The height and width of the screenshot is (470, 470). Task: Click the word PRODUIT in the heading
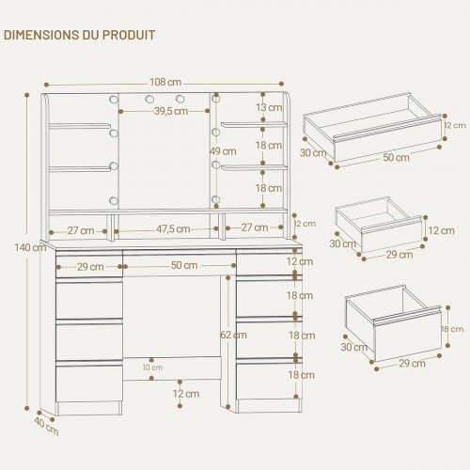129,35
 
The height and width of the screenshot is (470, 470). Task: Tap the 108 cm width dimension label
165,82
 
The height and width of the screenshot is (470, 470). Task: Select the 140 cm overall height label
30,247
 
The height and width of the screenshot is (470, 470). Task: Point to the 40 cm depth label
46,427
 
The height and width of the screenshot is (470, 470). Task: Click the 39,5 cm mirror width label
171,111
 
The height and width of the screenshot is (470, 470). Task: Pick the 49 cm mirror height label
223,151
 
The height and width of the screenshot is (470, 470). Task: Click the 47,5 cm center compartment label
173,229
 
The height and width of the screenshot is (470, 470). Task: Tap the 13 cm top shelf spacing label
269,107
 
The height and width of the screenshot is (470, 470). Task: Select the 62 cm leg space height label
233,335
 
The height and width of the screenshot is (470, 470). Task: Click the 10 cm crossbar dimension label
152,368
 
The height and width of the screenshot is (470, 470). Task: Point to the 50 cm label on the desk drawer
184,265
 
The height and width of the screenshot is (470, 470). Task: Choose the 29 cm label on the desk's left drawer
90,267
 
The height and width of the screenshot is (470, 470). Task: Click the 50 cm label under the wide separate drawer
396,157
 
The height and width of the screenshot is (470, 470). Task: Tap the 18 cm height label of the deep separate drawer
452,329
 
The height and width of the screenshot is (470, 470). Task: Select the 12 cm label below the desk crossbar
186,394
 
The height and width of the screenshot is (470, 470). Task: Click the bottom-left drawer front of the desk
89,383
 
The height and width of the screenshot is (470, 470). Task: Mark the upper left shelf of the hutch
80,126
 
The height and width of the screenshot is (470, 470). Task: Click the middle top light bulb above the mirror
149,100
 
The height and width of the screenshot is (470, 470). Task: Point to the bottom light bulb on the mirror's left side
114,200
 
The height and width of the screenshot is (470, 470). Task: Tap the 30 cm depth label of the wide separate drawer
313,153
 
